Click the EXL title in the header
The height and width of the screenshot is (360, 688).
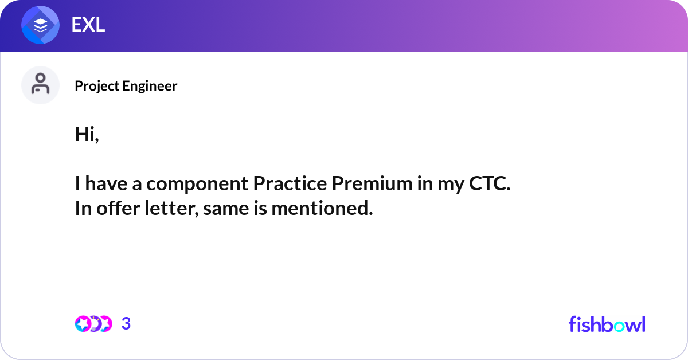[x=88, y=25]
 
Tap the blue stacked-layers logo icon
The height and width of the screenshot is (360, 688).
[x=40, y=25]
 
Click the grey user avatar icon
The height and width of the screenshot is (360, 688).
[x=40, y=85]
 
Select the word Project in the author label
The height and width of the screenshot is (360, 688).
[x=97, y=86]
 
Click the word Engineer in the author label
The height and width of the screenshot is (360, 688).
[x=150, y=85]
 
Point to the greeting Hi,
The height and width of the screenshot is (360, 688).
[x=87, y=134]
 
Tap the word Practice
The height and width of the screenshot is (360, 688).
[x=290, y=183]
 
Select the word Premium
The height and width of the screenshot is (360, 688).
[x=372, y=183]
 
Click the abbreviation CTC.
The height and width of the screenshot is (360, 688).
[x=490, y=183]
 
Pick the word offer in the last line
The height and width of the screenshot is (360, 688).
[x=118, y=208]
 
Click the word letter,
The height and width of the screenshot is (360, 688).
[x=171, y=208]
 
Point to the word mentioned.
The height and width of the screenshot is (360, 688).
[x=322, y=208]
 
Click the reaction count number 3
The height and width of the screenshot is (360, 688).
[x=126, y=324]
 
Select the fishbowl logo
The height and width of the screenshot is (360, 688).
[x=607, y=324]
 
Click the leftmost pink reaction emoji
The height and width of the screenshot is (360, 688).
[x=83, y=324]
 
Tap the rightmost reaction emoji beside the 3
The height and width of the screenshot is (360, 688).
[x=105, y=324]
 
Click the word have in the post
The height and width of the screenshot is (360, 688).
[x=106, y=183]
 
